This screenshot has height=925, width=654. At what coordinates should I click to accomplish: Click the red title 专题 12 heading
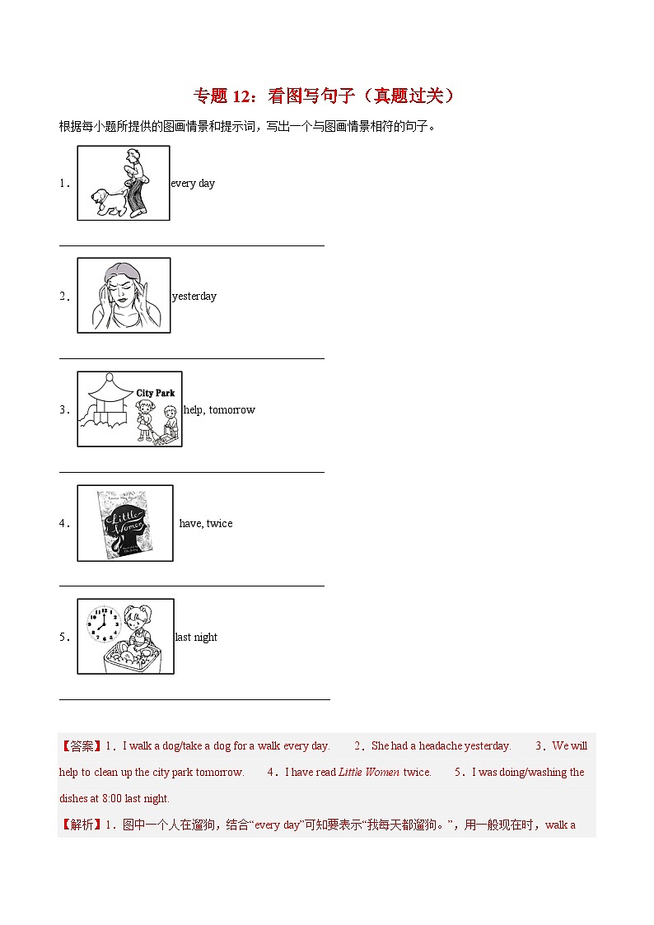click(325, 96)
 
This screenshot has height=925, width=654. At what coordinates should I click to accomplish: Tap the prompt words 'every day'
click(193, 184)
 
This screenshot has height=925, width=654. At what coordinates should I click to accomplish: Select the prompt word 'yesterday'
click(194, 297)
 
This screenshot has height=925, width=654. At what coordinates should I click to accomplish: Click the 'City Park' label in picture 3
click(155, 394)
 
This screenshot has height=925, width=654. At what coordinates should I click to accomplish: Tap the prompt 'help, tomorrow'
click(219, 410)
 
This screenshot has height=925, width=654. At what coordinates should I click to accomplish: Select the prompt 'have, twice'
click(206, 524)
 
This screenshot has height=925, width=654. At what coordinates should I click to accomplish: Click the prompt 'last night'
click(196, 638)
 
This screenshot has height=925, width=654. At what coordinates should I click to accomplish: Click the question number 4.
click(63, 524)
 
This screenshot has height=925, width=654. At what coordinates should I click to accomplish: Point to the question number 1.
click(63, 184)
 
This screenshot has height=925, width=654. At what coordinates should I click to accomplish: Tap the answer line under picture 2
click(191, 358)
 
